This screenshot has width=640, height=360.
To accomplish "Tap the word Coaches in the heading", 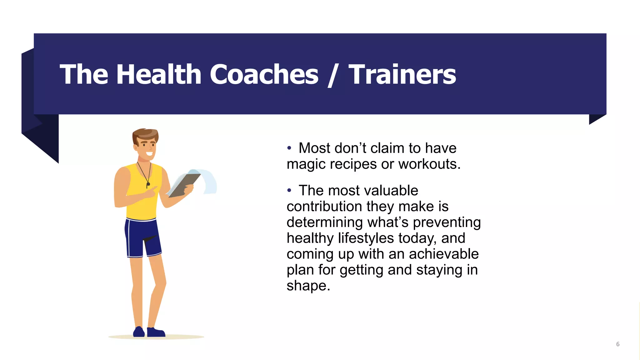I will point(264,74).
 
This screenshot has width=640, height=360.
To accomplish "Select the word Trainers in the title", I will point(402,74).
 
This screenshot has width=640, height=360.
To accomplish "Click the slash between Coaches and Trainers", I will point(333,75).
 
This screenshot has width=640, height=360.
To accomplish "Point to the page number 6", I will point(617,344).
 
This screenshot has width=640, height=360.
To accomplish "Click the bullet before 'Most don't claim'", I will point(289,148).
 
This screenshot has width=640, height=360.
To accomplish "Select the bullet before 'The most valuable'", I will point(289,190).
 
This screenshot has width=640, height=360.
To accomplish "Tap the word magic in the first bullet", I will point(305,164).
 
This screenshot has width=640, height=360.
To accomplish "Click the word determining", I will point(325,222).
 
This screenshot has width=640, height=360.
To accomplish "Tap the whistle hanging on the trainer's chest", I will point(148,185).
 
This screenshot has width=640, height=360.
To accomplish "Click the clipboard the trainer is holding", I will point(184,185).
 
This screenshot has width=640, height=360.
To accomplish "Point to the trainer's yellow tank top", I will point(142,203).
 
